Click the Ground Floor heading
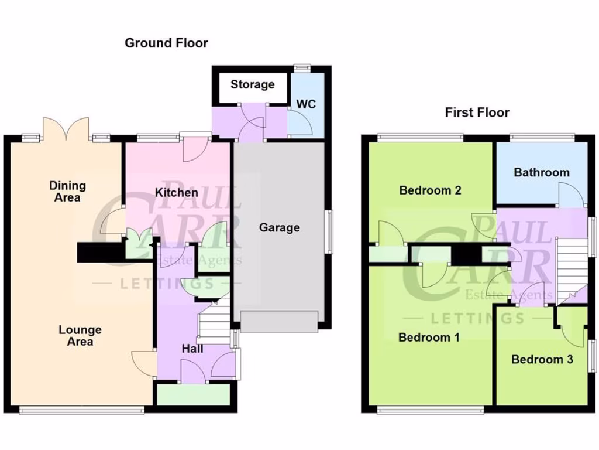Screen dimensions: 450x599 coord(166,43)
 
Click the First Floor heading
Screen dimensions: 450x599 coord(477,112)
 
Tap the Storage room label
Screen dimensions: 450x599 coord(252,84)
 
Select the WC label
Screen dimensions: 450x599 coord(306,104)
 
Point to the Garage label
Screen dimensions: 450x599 coord(279,227)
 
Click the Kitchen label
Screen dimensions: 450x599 coord(176,192)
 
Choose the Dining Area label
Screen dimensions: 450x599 coord(67,192)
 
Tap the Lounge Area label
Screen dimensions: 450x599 coord(80,336)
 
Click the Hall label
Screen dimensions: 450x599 coord(192,349)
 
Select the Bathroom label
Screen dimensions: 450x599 coord(541,172)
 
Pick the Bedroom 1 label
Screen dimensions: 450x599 coord(429,337)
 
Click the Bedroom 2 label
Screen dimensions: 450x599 coord(430,190)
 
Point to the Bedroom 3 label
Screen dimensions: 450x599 coord(542,360)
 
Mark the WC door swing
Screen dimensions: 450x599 coord(301,124)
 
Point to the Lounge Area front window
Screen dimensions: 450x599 coord(81,410)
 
